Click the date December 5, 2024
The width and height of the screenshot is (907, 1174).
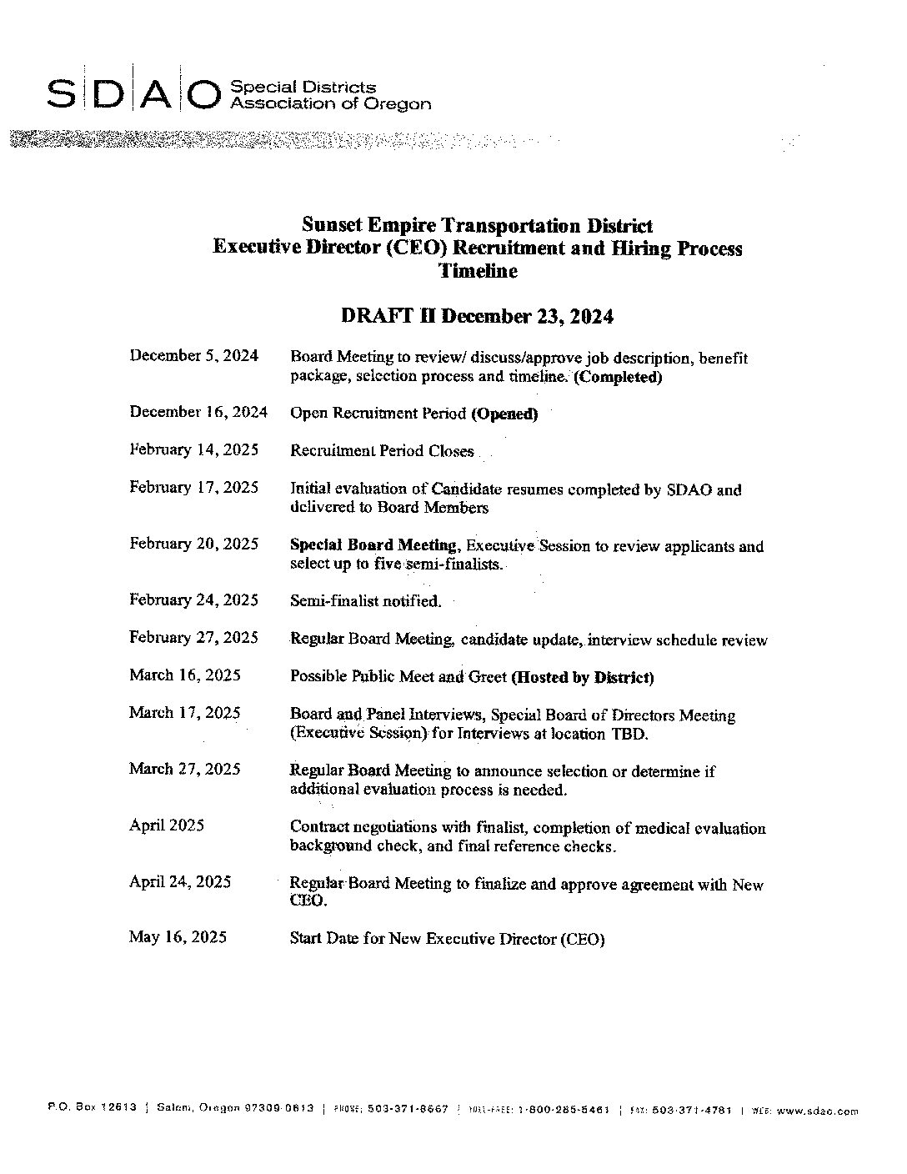tap(193, 356)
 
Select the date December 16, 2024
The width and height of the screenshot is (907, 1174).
tap(198, 412)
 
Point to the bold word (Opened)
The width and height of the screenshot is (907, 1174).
tap(504, 414)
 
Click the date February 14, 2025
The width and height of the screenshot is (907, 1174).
tap(193, 450)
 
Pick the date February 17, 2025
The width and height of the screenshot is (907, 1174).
tap(193, 488)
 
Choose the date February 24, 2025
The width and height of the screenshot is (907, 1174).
tap(193, 600)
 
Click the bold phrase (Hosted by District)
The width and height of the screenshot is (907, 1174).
tap(582, 677)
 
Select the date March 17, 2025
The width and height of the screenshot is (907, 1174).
tap(184, 713)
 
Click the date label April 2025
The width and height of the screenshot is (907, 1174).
tap(166, 825)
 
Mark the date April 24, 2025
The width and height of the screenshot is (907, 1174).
tap(179, 882)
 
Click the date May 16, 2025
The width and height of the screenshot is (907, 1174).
tap(178, 937)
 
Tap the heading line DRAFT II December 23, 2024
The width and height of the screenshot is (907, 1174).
tap(477, 317)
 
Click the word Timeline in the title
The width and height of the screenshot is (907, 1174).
tap(478, 271)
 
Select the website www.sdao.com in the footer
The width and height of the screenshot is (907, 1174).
tap(816, 1111)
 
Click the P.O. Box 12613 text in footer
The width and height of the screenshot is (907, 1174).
tap(92, 1109)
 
